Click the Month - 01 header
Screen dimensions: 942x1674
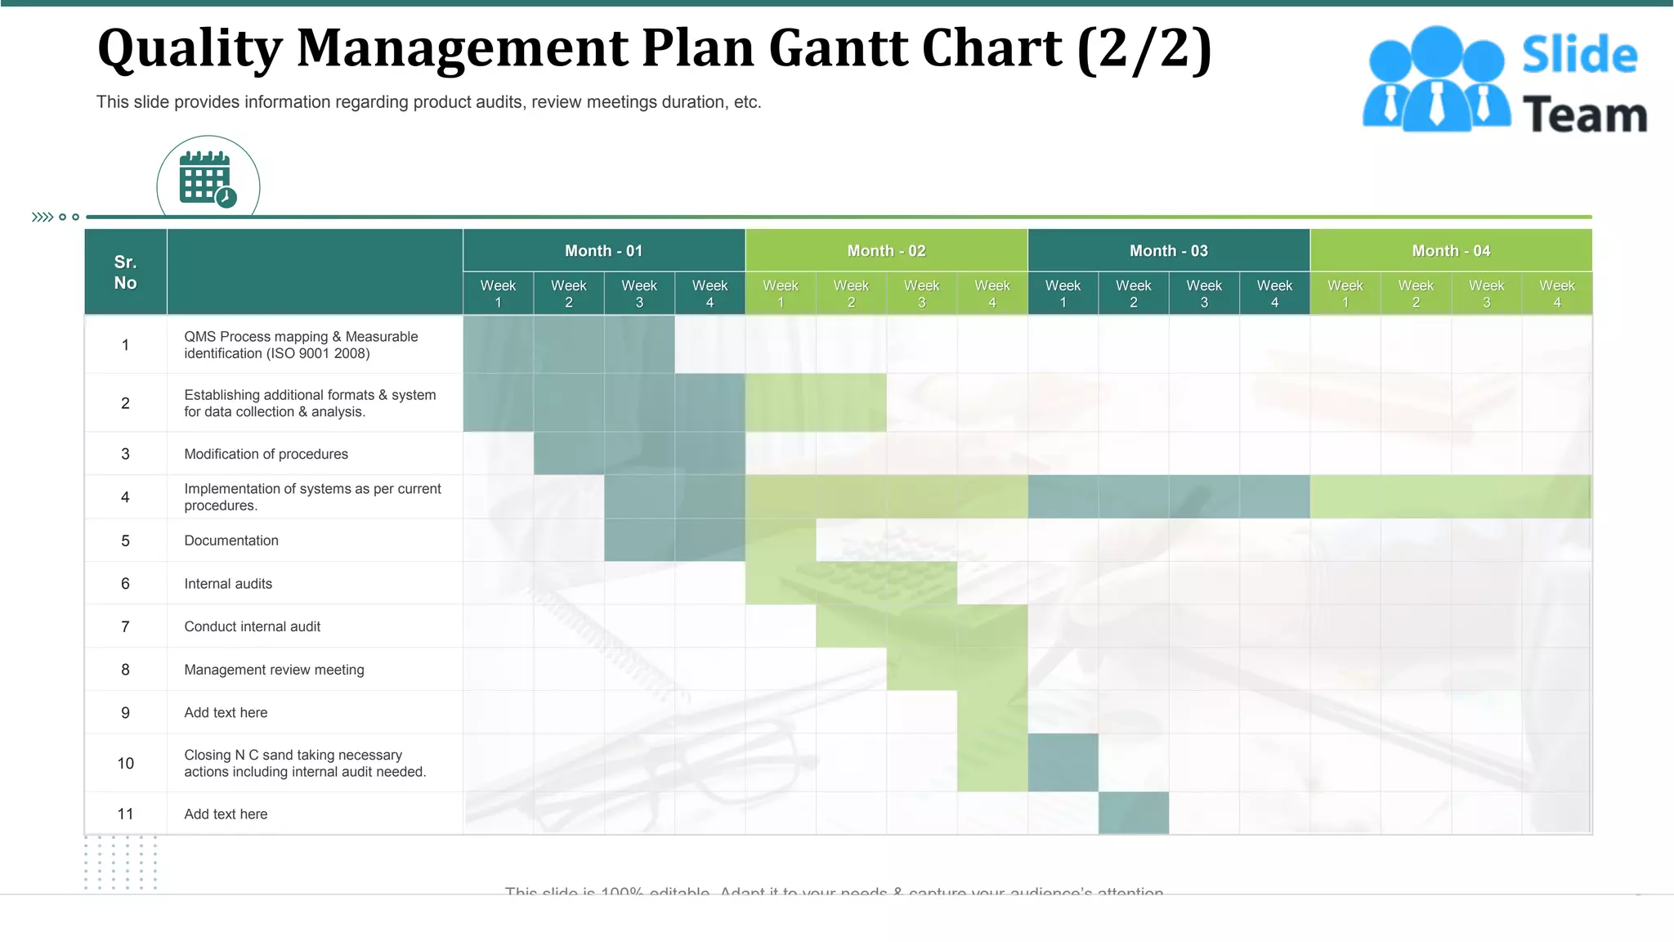point(603,251)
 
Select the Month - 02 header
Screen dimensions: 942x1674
point(886,251)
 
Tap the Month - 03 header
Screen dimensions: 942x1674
point(1168,251)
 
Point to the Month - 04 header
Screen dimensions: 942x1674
point(1450,251)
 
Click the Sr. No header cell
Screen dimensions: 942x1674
point(125,272)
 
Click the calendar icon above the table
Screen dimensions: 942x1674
point(208,178)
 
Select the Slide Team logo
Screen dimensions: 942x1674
point(1505,80)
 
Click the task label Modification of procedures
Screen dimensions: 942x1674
point(266,454)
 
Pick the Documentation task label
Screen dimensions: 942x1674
point(231,541)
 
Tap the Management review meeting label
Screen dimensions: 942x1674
point(274,670)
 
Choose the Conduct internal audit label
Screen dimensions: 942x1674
point(252,626)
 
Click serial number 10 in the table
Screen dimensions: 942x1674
point(125,763)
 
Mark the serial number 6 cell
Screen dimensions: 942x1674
point(125,584)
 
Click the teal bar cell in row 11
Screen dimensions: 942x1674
point(1133,813)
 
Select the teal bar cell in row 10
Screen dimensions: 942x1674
point(1063,763)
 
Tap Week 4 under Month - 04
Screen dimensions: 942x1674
point(1556,294)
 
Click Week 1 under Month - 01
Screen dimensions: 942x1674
point(498,294)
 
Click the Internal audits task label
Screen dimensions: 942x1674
point(228,584)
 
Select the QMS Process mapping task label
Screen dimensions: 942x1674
point(301,345)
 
